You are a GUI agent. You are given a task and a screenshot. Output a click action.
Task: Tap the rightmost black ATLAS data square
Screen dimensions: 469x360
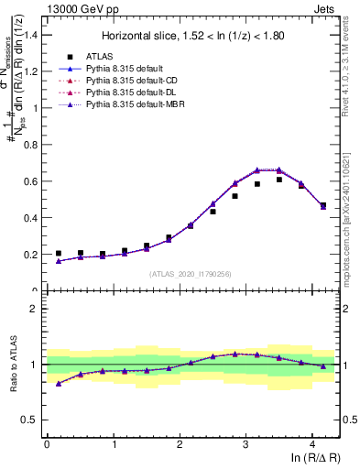tap(322, 205)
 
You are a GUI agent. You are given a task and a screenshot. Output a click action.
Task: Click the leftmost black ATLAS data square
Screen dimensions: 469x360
tap(59, 254)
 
